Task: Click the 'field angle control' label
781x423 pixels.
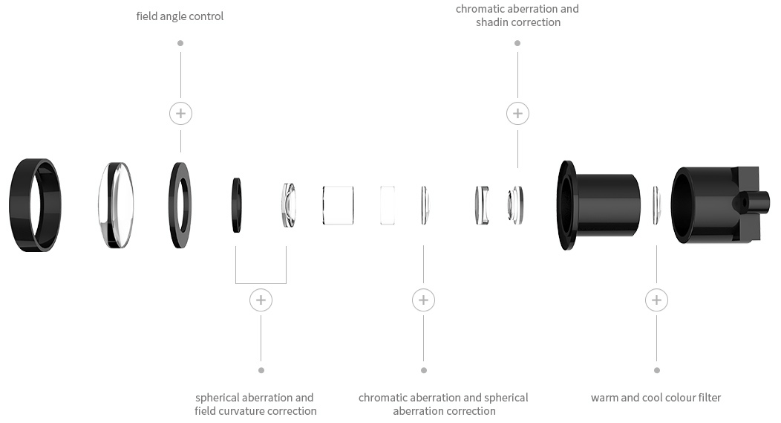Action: tap(180, 16)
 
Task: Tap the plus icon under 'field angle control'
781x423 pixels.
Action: tap(180, 114)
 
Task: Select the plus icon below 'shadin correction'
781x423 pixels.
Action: tap(517, 114)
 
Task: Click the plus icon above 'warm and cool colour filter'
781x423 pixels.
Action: tap(656, 300)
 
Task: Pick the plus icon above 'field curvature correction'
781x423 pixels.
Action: tap(261, 300)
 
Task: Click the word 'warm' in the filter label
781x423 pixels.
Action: tap(605, 398)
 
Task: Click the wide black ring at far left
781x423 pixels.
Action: tap(35, 204)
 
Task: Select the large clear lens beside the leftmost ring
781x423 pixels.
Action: tap(117, 204)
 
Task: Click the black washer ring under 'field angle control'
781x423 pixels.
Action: tap(180, 204)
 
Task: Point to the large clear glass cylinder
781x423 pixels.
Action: tap(339, 204)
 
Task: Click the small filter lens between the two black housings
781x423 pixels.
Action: tap(656, 204)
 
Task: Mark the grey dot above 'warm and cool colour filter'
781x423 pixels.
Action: tap(656, 369)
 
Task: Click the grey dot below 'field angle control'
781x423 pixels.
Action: tap(180, 43)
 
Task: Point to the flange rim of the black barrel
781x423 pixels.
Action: tap(567, 204)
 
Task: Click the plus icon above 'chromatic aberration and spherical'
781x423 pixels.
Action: tap(423, 300)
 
